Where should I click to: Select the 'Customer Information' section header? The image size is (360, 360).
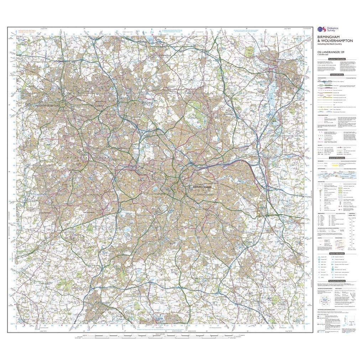click(x=337, y=59)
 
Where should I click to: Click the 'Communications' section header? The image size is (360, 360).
click(x=337, y=75)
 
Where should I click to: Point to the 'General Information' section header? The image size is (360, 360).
click(x=337, y=157)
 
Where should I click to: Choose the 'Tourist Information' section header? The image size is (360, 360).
click(x=337, y=253)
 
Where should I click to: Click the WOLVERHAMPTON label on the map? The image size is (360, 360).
click(x=48, y=106)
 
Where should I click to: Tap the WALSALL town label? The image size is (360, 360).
click(x=147, y=102)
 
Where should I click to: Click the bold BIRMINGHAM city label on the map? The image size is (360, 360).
click(x=202, y=187)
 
